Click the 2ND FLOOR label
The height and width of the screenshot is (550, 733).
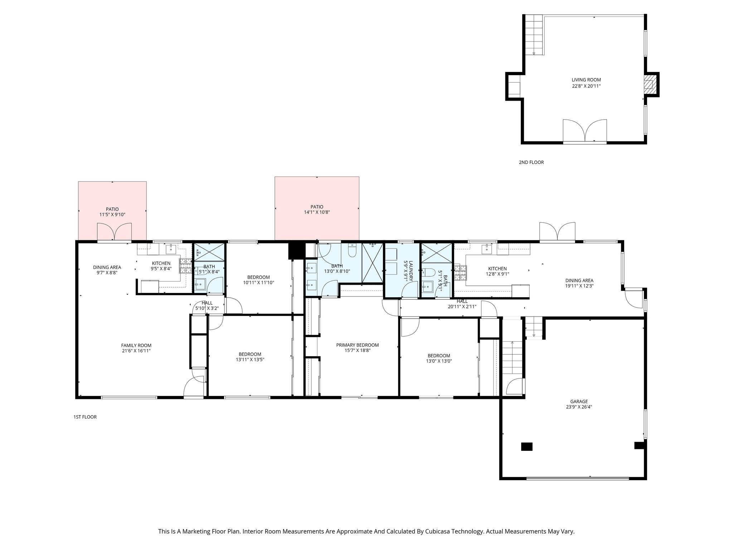click(531, 162)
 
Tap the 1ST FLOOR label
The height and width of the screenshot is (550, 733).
click(85, 417)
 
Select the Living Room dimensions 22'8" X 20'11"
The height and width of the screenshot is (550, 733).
click(586, 86)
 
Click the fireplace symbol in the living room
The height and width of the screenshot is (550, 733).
click(649, 84)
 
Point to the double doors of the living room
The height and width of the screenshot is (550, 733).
click(584, 131)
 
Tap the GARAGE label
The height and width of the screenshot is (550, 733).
click(579, 401)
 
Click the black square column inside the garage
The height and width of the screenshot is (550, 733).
click(526, 447)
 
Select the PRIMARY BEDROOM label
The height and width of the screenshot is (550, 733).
click(357, 345)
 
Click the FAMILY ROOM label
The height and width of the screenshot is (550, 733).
click(136, 346)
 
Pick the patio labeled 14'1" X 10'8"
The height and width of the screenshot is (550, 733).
click(317, 209)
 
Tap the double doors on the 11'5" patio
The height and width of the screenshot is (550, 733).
click(114, 232)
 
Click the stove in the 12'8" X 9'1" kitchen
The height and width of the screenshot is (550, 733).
click(460, 272)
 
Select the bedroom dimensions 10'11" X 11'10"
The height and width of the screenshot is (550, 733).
click(258, 283)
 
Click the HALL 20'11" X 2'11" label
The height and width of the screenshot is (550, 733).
click(462, 304)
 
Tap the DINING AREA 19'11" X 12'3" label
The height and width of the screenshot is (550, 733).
click(579, 283)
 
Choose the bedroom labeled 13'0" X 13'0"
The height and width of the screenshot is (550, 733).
click(439, 358)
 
